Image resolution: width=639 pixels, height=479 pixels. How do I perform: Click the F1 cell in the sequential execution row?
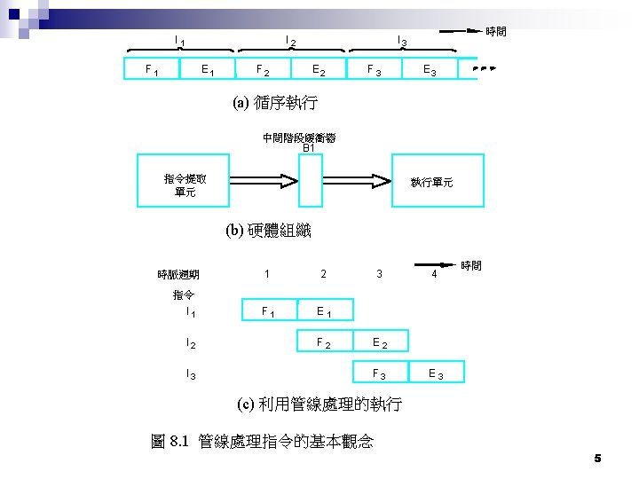coord(152,69)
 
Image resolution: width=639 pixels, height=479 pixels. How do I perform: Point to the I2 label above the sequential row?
coord(290,40)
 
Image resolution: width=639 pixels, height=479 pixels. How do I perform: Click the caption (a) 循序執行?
coord(275,103)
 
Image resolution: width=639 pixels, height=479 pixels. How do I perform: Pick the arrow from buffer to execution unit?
coord(356,181)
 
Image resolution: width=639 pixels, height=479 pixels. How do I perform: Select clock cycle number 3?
coord(379,274)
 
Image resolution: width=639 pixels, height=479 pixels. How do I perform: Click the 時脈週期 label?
coord(178,275)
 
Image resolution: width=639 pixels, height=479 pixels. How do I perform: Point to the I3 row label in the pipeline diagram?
coord(191,373)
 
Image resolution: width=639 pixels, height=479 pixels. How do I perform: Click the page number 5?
coord(597,458)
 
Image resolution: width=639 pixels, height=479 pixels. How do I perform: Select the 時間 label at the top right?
coord(496,32)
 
